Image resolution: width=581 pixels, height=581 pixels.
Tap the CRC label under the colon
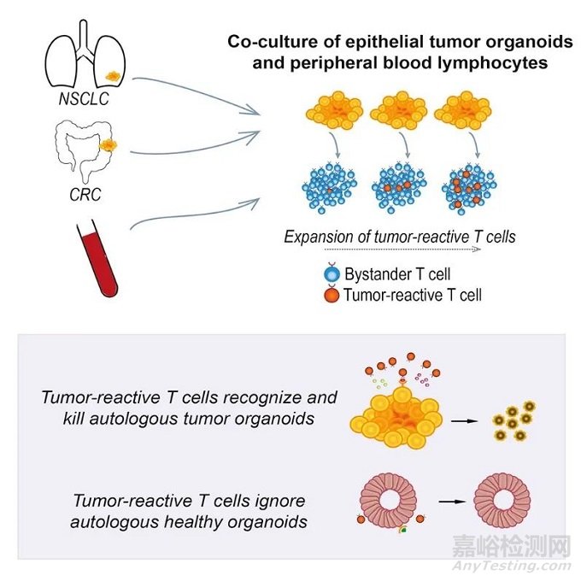(85, 194)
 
